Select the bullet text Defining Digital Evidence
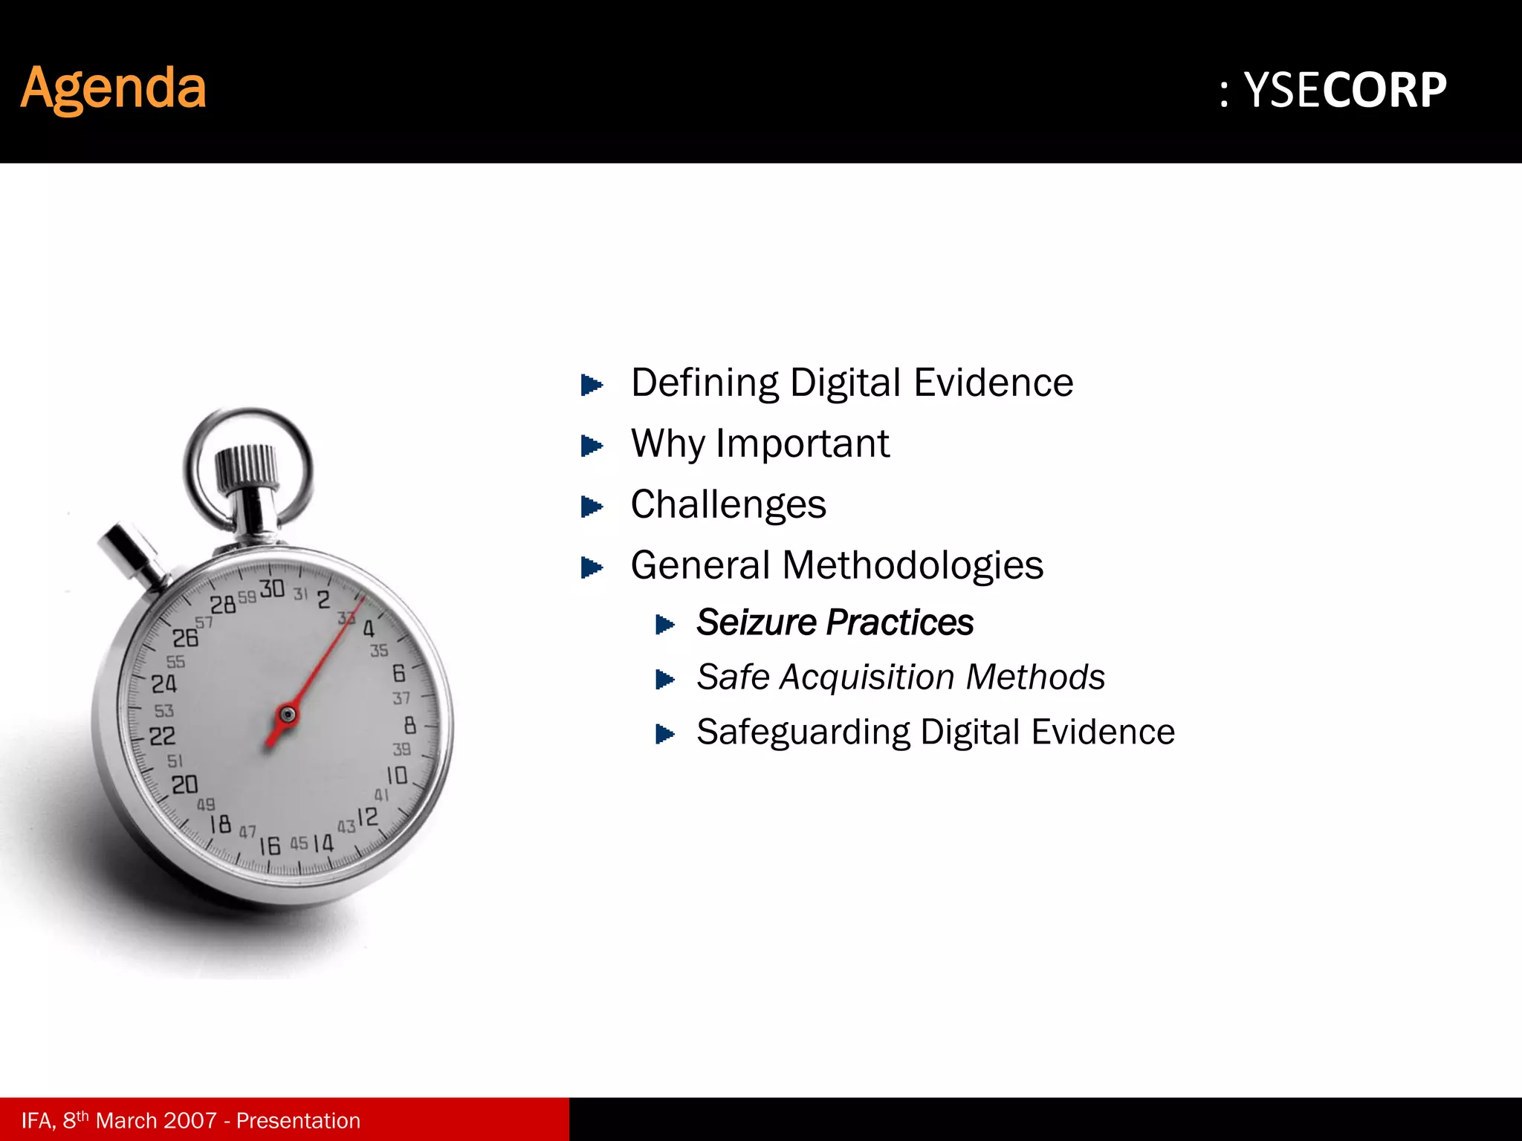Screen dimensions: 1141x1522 click(852, 383)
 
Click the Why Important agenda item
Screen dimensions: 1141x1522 click(760, 444)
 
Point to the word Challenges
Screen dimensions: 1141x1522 click(728, 505)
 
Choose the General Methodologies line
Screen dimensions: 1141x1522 click(837, 565)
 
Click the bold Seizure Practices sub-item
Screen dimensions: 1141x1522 click(835, 622)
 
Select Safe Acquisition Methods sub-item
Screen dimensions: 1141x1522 click(901, 677)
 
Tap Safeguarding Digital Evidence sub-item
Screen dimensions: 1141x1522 click(936, 732)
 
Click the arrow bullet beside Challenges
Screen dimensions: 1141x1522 click(592, 507)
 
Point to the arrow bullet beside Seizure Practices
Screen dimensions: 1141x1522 click(665, 625)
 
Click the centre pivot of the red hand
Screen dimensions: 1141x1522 click(288, 715)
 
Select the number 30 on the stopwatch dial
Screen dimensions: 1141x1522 click(272, 589)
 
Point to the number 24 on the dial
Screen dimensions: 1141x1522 click(164, 683)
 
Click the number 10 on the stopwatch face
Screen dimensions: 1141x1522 click(396, 776)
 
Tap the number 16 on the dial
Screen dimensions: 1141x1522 click(270, 845)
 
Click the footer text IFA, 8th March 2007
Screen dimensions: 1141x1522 click(191, 1120)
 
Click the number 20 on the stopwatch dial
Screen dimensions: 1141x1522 click(184, 784)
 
